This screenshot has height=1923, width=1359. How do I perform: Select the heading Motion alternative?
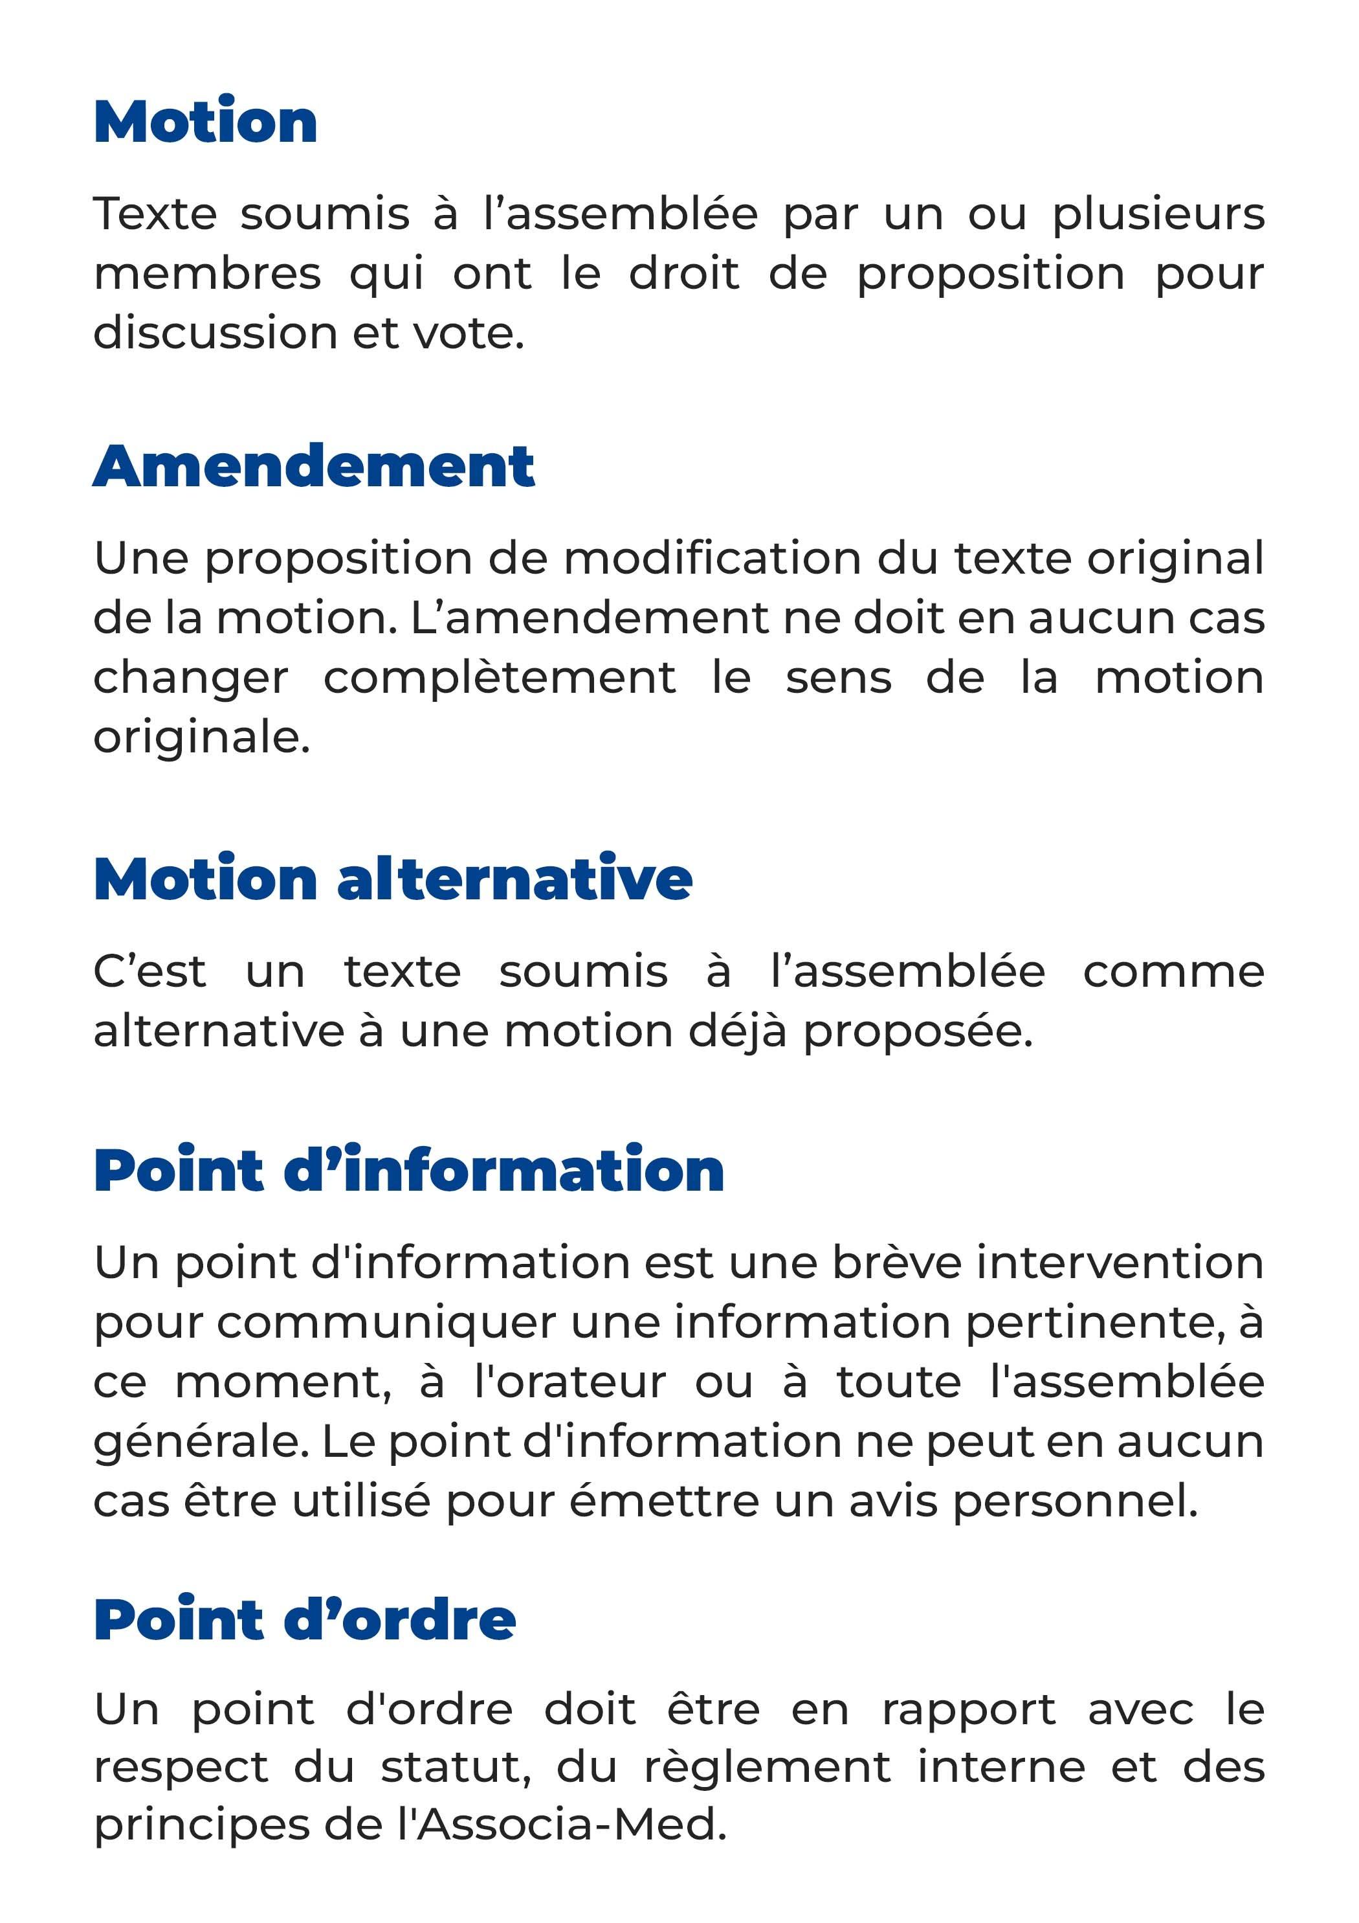[x=393, y=879]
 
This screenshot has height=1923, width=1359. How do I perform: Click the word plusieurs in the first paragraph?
[x=1158, y=214]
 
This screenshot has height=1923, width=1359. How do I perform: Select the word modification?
[x=712, y=559]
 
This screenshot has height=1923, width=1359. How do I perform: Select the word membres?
[x=207, y=274]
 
